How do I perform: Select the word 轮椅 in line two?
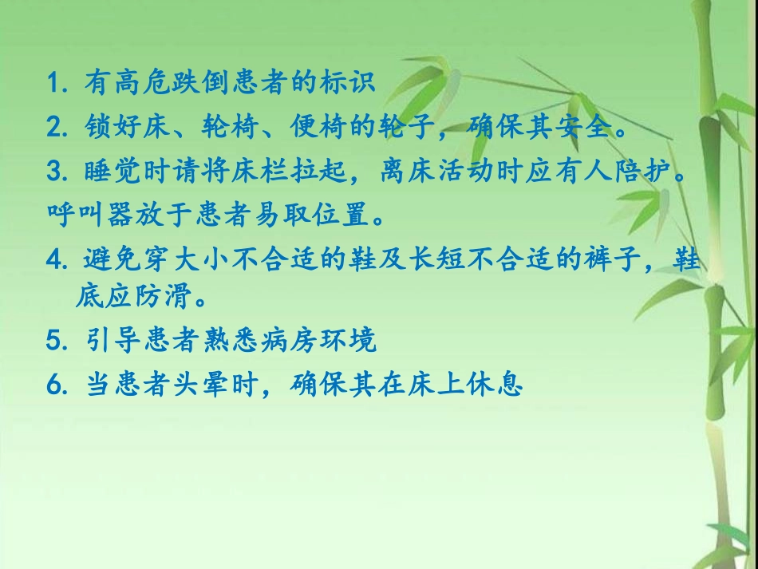pos(231,126)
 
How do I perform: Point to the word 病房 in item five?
pos(288,342)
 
